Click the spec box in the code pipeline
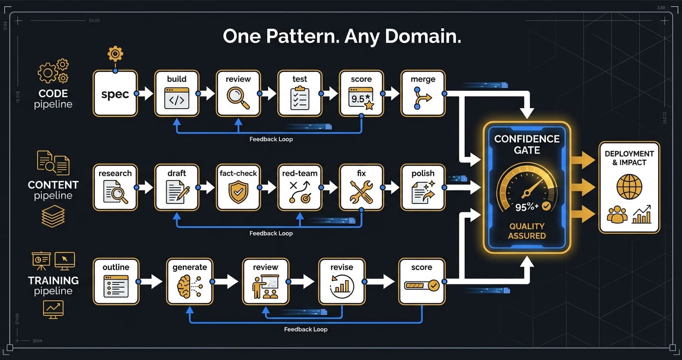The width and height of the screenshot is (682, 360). (x=115, y=94)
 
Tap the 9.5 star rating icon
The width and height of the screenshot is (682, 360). (x=362, y=99)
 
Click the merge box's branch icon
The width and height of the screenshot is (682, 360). (x=423, y=99)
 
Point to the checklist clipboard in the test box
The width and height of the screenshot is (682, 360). (x=300, y=98)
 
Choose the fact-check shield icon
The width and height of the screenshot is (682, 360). (x=238, y=192)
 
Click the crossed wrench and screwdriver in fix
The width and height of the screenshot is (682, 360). (x=362, y=192)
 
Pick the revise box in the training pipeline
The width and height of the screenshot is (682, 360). (x=341, y=281)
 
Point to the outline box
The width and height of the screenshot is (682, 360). (x=115, y=281)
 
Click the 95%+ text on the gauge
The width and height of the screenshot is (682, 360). (x=527, y=207)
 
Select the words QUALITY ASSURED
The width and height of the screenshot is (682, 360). (x=527, y=231)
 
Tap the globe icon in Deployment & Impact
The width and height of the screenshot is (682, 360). (x=629, y=187)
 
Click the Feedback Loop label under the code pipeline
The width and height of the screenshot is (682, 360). (x=271, y=139)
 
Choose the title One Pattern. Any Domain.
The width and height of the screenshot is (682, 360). (x=342, y=37)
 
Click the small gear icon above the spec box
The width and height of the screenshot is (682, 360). (x=115, y=54)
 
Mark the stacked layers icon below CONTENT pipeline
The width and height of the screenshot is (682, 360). (x=53, y=215)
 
